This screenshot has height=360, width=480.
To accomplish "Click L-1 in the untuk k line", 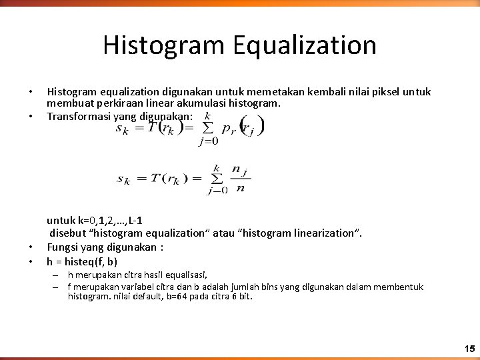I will coord(146,220).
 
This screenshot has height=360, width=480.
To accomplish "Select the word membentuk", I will coord(401,287).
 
